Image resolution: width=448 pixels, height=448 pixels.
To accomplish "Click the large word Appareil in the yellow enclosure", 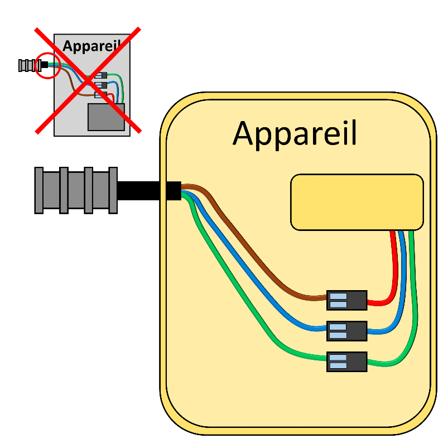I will point(295,134).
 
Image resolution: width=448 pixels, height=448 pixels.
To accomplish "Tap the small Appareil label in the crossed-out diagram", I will point(91,45).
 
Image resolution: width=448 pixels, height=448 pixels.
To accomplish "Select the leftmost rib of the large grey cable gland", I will point(39,190).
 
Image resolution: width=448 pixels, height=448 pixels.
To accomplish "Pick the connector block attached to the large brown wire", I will point(346,300).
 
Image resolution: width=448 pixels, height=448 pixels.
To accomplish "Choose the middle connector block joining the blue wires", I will point(346,331).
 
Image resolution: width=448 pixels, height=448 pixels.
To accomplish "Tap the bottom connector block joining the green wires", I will point(346,362).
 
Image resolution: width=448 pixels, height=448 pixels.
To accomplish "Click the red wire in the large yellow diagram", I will point(392,268).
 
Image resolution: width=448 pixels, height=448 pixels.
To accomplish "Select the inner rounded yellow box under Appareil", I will point(357,201).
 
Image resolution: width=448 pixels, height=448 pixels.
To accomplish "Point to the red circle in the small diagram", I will point(46,65).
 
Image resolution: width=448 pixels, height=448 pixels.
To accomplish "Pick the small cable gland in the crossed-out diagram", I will point(26,65).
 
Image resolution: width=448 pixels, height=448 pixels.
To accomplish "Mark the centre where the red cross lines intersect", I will point(88,81).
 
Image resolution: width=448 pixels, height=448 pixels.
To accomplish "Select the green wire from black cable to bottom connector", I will point(240,301).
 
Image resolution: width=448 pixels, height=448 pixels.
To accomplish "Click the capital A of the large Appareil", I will point(244,133).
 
